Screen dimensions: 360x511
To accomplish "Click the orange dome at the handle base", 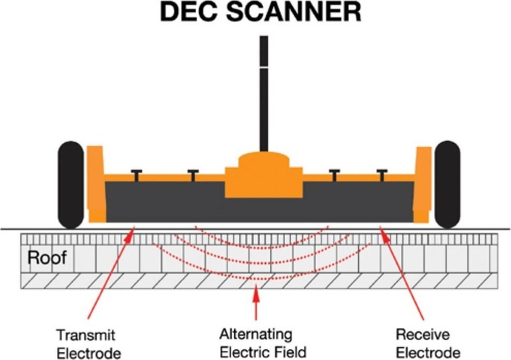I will pyautogui.click(x=264, y=160).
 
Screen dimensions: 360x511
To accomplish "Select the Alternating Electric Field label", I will pyautogui.click(x=256, y=344).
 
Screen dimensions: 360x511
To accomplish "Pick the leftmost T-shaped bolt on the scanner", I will pyautogui.click(x=136, y=175).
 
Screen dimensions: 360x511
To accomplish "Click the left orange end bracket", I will pyautogui.click(x=95, y=184).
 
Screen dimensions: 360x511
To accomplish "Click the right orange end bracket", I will pyautogui.click(x=423, y=184).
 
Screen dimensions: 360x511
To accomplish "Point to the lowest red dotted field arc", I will pyautogui.click(x=257, y=279).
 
